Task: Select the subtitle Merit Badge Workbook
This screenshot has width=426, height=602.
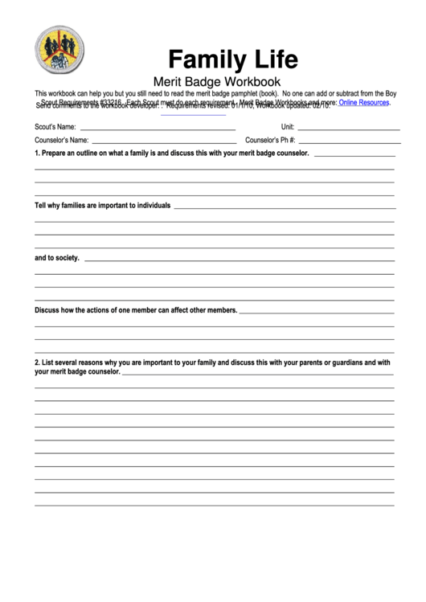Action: (x=216, y=81)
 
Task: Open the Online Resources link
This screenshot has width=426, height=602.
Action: (x=364, y=103)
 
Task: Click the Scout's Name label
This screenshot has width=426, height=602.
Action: (x=55, y=127)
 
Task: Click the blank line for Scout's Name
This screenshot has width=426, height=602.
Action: (x=158, y=129)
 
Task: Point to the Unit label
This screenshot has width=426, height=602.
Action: (x=288, y=127)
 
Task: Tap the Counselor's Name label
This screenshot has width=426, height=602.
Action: (x=61, y=140)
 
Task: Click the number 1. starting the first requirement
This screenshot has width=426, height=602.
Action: (x=37, y=153)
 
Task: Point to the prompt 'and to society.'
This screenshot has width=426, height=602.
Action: (x=57, y=258)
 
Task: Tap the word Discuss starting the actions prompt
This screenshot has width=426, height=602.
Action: (x=47, y=310)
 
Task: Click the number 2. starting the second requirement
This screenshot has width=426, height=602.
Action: (x=37, y=362)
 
